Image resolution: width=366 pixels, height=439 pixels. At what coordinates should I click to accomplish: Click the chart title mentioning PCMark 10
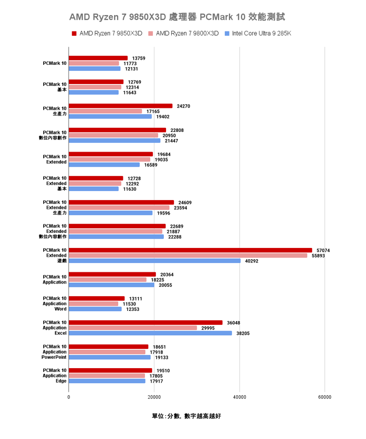coord(177,17)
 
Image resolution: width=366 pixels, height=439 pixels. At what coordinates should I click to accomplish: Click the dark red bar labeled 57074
coord(190,250)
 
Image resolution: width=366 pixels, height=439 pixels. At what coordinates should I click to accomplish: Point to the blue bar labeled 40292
coord(154,261)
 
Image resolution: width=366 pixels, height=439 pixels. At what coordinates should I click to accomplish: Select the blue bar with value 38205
coord(150,333)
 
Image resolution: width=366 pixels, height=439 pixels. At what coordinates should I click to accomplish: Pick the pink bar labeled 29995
coord(133,328)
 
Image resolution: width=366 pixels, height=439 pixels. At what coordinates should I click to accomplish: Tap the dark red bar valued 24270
coord(121,106)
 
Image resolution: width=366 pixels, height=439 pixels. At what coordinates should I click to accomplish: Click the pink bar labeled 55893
coord(188,255)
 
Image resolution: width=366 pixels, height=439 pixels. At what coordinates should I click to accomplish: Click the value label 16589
coord(151,165)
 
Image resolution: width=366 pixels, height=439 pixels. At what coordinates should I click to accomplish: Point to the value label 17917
coord(156,381)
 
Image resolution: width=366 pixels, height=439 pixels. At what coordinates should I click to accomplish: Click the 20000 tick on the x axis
coord(154,397)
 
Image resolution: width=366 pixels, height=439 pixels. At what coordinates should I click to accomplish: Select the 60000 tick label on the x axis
coord(324,397)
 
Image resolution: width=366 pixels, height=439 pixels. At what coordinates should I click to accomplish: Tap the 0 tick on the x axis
coord(69,397)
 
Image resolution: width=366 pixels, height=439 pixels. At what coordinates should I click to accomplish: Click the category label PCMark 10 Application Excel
coord(54,328)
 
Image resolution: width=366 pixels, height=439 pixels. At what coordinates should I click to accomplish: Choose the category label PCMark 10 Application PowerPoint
coord(54,352)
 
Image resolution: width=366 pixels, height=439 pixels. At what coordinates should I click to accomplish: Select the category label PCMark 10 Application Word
coord(54,304)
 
